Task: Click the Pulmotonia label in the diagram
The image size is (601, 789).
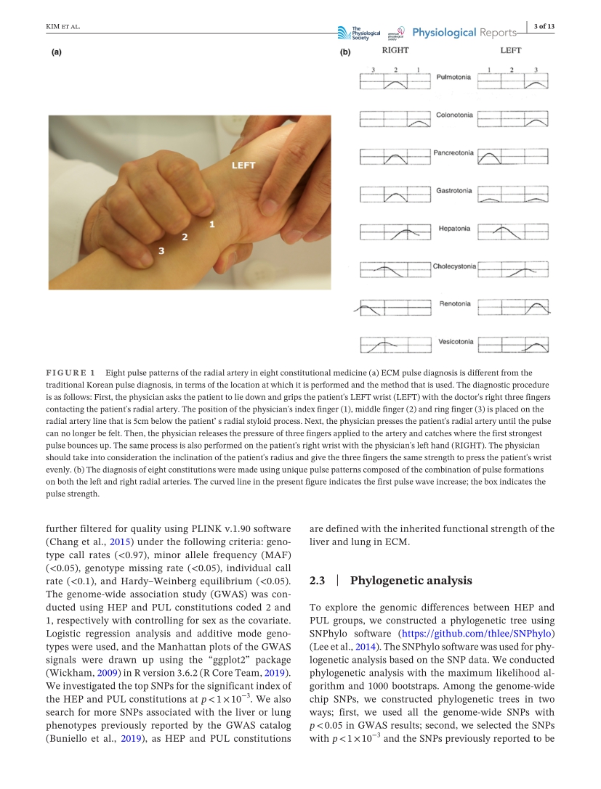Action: point(453,77)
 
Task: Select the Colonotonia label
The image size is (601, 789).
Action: point(454,115)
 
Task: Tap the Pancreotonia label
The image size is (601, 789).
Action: point(453,153)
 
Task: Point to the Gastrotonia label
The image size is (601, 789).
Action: point(453,191)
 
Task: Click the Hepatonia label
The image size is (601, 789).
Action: point(454,229)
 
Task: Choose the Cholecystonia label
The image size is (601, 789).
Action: point(454,266)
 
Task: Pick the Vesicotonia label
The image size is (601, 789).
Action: point(455,341)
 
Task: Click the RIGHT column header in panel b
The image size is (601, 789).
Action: point(395,51)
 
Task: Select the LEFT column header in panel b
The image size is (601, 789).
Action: point(511,51)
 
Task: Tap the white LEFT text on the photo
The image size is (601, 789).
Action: point(243,165)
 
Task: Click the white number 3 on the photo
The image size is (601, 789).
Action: point(161,250)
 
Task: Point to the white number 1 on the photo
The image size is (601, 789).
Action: point(211,224)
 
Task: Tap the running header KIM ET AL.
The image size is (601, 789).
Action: point(57,28)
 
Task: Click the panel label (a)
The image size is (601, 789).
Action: point(56,52)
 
